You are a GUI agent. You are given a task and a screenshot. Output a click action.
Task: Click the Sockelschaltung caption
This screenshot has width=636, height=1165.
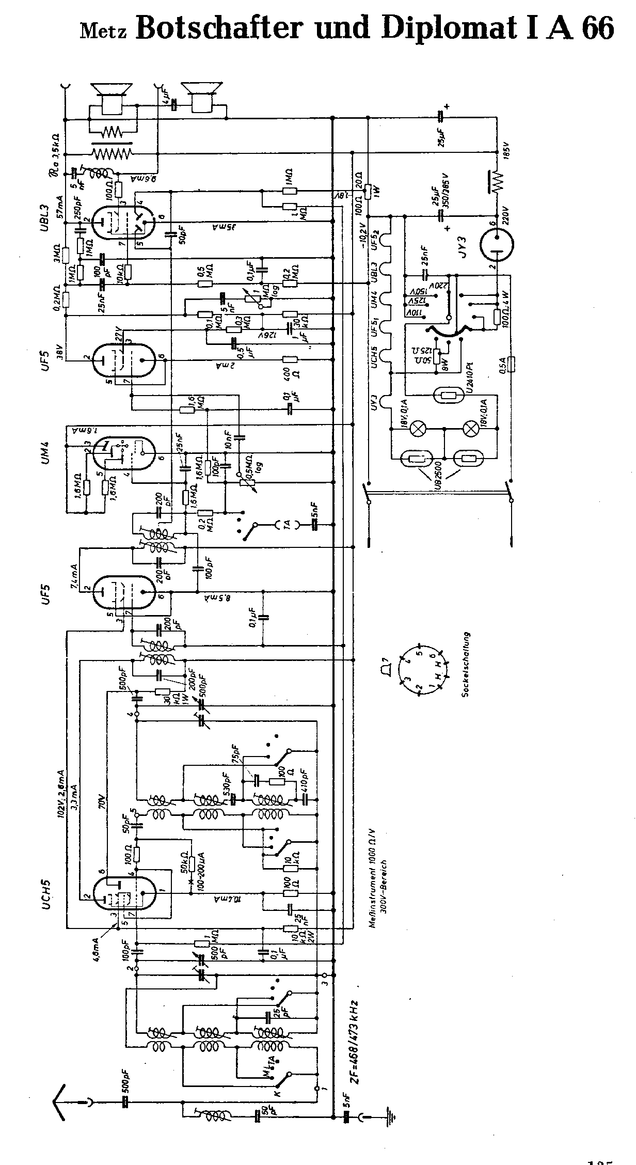coord(465,665)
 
